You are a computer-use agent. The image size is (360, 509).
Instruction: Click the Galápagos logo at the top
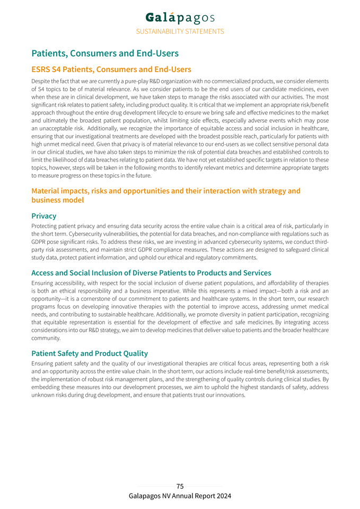[180, 18]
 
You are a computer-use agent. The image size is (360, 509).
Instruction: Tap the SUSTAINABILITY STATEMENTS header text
[180, 31]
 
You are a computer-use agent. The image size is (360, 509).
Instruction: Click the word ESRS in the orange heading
[42, 69]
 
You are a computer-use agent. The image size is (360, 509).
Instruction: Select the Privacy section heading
[43, 216]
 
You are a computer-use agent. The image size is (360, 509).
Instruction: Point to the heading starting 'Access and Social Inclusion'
[151, 273]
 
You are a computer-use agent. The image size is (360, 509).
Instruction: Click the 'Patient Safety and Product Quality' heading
[90, 353]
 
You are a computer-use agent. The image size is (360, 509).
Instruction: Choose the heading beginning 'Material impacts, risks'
[165, 191]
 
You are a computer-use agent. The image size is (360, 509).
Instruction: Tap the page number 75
[180, 486]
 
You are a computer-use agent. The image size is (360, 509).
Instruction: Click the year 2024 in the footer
[223, 496]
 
